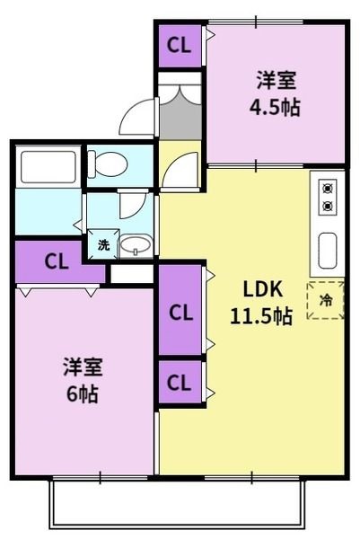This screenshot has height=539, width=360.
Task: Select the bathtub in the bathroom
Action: tap(48, 168)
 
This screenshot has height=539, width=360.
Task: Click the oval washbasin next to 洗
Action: tap(136, 245)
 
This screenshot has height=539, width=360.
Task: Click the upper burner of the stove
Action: tap(327, 189)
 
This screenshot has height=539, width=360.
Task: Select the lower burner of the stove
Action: tap(327, 206)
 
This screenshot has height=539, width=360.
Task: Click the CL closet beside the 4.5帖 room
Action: tap(179, 46)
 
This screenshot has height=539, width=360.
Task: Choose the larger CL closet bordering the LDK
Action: tap(180, 313)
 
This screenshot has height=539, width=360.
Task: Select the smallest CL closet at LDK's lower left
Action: tap(180, 384)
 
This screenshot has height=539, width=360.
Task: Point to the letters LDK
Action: tap(263, 289)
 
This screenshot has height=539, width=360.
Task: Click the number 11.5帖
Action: tap(263, 316)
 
